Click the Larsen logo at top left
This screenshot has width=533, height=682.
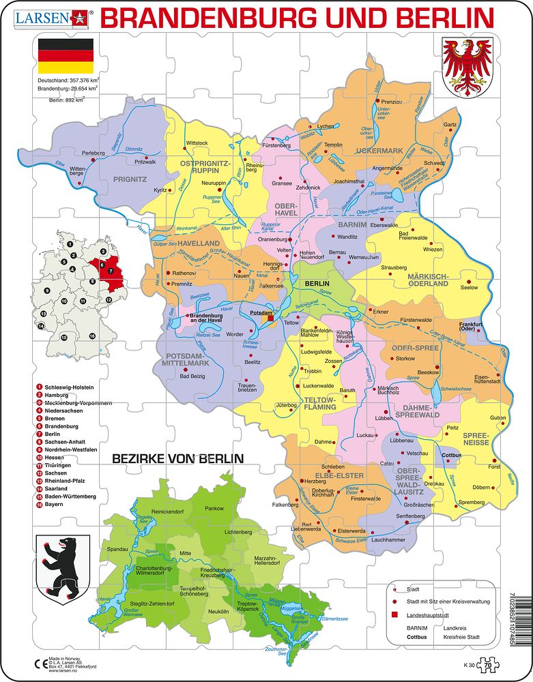pos(48,16)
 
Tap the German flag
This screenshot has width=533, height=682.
pos(66,56)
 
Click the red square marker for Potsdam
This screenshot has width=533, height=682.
pos(270,316)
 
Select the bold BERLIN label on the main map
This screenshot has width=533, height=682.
pos(317,283)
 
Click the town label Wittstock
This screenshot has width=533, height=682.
pos(197,143)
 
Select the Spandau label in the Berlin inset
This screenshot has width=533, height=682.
pos(117,548)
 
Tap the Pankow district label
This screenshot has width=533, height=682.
pos(215,508)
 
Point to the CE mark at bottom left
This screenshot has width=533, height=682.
pos(39,663)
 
